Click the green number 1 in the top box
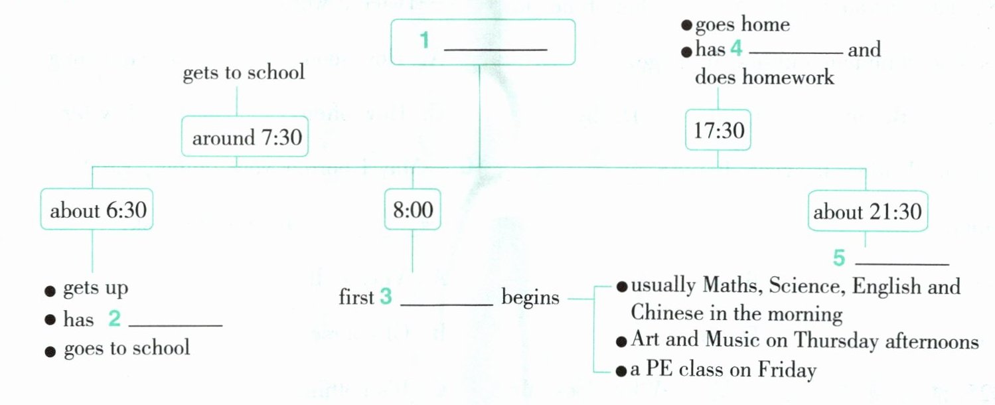click(424, 40)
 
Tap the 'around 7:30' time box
click(246, 138)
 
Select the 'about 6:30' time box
click(98, 210)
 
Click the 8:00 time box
click(412, 210)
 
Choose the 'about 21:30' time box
click(867, 212)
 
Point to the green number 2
click(114, 319)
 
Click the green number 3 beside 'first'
click(386, 297)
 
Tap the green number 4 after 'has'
click(735, 49)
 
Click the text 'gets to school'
click(243, 72)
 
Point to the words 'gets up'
click(95, 289)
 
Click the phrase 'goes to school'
click(126, 348)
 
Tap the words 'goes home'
click(741, 25)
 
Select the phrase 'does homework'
click(764, 77)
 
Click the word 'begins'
click(530, 297)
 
